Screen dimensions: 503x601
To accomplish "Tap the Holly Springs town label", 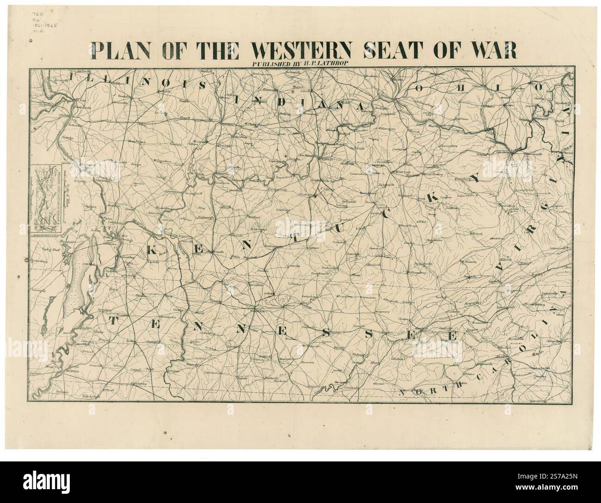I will click(x=85, y=395).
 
